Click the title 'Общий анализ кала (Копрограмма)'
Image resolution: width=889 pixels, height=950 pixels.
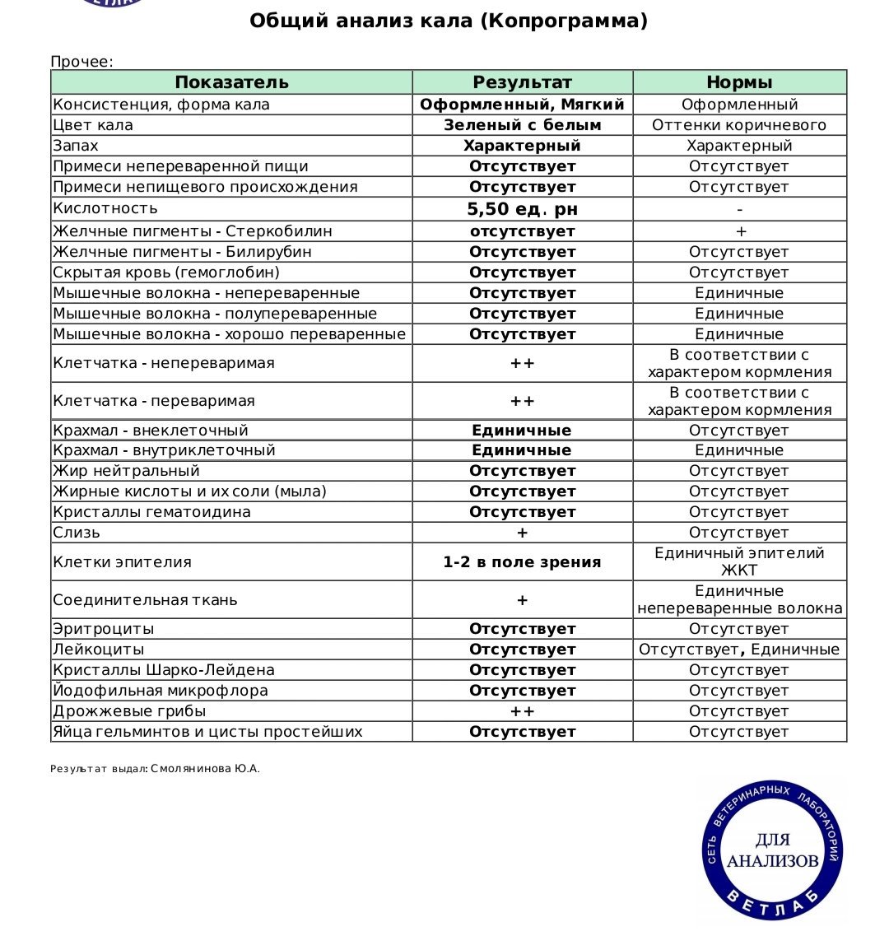pyautogui.click(x=449, y=21)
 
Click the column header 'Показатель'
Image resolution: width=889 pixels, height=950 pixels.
pyautogui.click(x=231, y=82)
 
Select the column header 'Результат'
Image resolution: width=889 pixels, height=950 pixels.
pyautogui.click(x=522, y=82)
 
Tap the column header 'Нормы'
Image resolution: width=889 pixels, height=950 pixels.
pyautogui.click(x=739, y=82)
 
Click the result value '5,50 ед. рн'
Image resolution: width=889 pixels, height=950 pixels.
pyautogui.click(x=522, y=209)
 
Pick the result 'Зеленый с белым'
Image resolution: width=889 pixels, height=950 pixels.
pyautogui.click(x=522, y=125)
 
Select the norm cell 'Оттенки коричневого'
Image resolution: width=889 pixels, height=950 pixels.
pyautogui.click(x=739, y=125)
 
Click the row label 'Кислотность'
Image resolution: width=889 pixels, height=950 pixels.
pyautogui.click(x=105, y=208)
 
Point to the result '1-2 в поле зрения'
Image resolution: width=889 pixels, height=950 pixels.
pyautogui.click(x=522, y=562)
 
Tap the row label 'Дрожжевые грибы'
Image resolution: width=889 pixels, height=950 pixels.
pyautogui.click(x=129, y=711)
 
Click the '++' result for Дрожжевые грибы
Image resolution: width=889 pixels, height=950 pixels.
pyautogui.click(x=522, y=711)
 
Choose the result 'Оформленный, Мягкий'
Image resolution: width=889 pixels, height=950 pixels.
pyautogui.click(x=522, y=105)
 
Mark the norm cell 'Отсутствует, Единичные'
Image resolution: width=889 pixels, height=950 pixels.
pyautogui.click(x=739, y=650)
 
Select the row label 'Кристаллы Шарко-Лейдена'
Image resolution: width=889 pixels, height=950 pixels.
pyautogui.click(x=164, y=670)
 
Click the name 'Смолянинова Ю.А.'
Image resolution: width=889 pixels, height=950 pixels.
pyautogui.click(x=205, y=769)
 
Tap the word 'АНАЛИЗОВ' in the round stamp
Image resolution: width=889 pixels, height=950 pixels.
pyautogui.click(x=772, y=861)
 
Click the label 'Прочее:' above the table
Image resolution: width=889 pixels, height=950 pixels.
pyautogui.click(x=81, y=62)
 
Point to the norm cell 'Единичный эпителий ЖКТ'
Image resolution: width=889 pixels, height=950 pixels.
pyautogui.click(x=739, y=561)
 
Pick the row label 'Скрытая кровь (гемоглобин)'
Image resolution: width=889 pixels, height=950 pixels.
pyautogui.click(x=166, y=272)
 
